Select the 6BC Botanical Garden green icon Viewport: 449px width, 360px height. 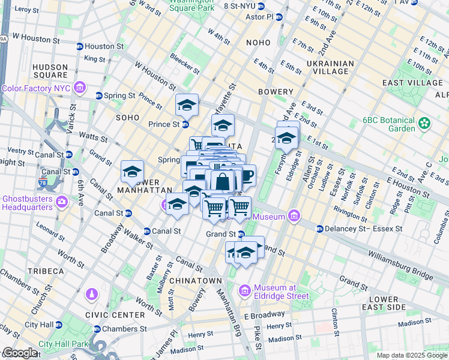point(425,124)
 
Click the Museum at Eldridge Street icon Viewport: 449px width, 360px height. point(244,291)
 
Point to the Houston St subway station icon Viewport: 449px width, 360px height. point(79,46)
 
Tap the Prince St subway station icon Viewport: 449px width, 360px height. point(185,125)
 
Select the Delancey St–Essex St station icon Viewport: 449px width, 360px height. point(320,229)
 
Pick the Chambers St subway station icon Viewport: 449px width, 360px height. point(97,329)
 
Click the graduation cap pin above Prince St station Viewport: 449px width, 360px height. point(187,106)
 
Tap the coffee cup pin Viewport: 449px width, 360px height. point(246,175)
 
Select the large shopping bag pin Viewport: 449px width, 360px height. point(222,181)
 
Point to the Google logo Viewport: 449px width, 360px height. point(20,353)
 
